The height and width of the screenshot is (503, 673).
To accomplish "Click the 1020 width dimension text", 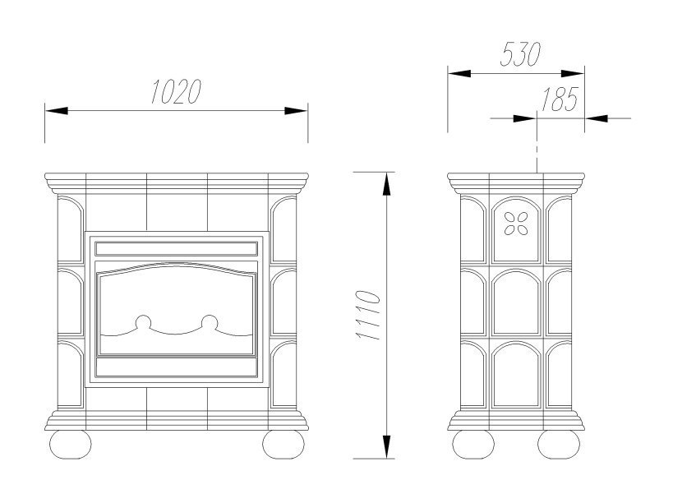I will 176,92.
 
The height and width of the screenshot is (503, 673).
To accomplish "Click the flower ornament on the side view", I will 518,222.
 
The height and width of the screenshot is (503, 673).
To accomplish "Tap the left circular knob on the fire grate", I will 143,322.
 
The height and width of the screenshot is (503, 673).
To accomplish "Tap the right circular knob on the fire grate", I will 210,322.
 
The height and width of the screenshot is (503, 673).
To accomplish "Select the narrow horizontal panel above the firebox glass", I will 176,247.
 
